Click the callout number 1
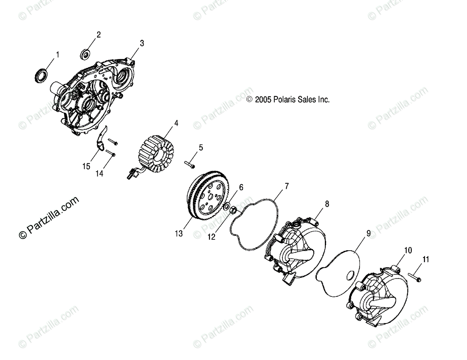[x=58, y=55]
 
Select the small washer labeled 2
[x=85, y=54]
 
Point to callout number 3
[x=142, y=44]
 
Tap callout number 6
[x=241, y=188]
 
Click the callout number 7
[x=286, y=186]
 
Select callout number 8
[x=327, y=203]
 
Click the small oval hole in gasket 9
[x=348, y=275]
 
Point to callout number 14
[x=100, y=174]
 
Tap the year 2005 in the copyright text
[x=263, y=100]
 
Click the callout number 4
[x=176, y=123]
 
